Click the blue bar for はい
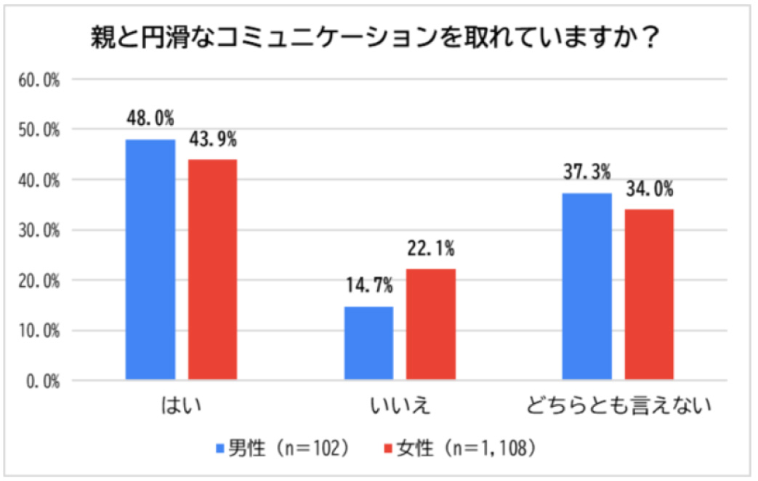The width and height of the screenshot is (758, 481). (150, 259)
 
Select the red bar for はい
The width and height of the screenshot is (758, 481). (212, 270)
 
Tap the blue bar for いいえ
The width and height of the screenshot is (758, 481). (369, 343)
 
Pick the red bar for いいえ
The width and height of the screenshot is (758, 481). (431, 324)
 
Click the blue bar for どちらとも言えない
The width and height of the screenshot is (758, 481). (587, 286)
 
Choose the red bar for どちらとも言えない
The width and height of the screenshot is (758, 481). (649, 294)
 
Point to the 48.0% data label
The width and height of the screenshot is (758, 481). (150, 118)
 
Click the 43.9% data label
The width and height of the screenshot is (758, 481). (212, 139)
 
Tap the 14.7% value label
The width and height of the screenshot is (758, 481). (369, 286)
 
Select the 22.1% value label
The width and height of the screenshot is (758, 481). (431, 249)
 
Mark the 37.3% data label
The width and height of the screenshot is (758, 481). (586, 172)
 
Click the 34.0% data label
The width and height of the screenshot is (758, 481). (649, 190)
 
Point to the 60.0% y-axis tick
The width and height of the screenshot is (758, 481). (39, 79)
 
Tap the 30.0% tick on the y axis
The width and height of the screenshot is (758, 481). (39, 230)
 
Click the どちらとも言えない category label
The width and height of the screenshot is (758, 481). (618, 406)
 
